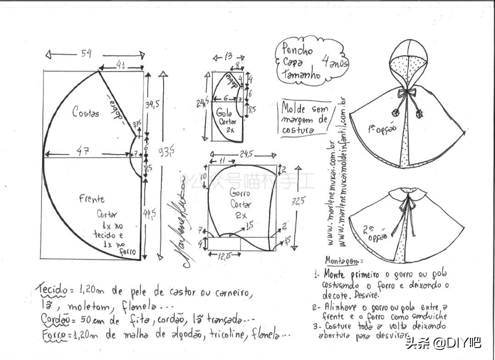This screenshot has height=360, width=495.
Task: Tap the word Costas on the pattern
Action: [x=85, y=111]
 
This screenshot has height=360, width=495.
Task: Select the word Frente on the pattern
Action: [x=92, y=199]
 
